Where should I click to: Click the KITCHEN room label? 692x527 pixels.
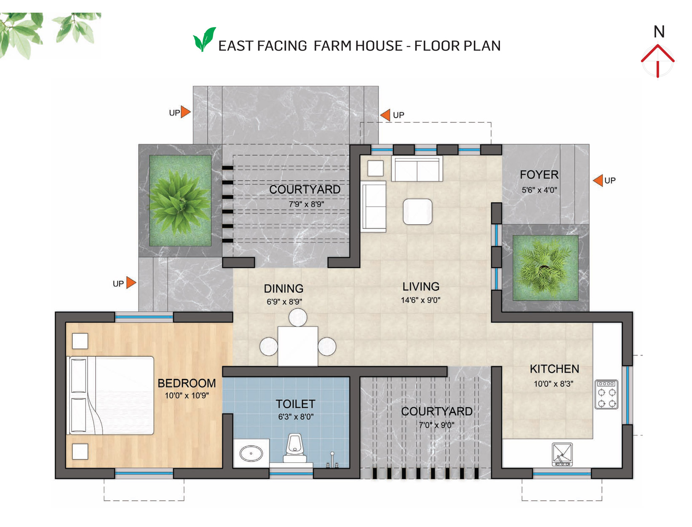coord(554,368)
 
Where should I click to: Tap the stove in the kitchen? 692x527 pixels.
coord(606,395)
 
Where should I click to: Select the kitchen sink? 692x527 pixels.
coord(562,454)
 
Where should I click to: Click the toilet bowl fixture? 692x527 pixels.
coord(295,449)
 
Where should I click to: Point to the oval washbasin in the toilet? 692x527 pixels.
coord(251,454)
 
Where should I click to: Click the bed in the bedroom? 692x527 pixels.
coord(110,395)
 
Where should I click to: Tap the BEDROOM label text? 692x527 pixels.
coord(187,383)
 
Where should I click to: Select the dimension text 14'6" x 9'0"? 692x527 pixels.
coord(421,300)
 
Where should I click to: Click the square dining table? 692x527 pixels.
coord(298,346)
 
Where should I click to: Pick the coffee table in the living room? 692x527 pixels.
coord(417,211)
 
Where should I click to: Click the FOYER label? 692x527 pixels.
coord(539,175)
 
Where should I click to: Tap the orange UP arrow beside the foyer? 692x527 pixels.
coord(598,180)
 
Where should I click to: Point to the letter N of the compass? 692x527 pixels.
coord(659,32)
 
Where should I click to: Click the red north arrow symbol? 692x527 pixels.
coord(657,60)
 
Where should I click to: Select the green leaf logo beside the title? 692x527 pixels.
coord(204,39)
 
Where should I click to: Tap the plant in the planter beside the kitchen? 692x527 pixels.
coord(545,267)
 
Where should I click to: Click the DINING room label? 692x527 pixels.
coord(283,288)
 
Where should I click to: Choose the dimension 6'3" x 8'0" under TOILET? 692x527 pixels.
coord(295,417)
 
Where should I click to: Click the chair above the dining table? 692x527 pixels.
coord(298,317)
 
